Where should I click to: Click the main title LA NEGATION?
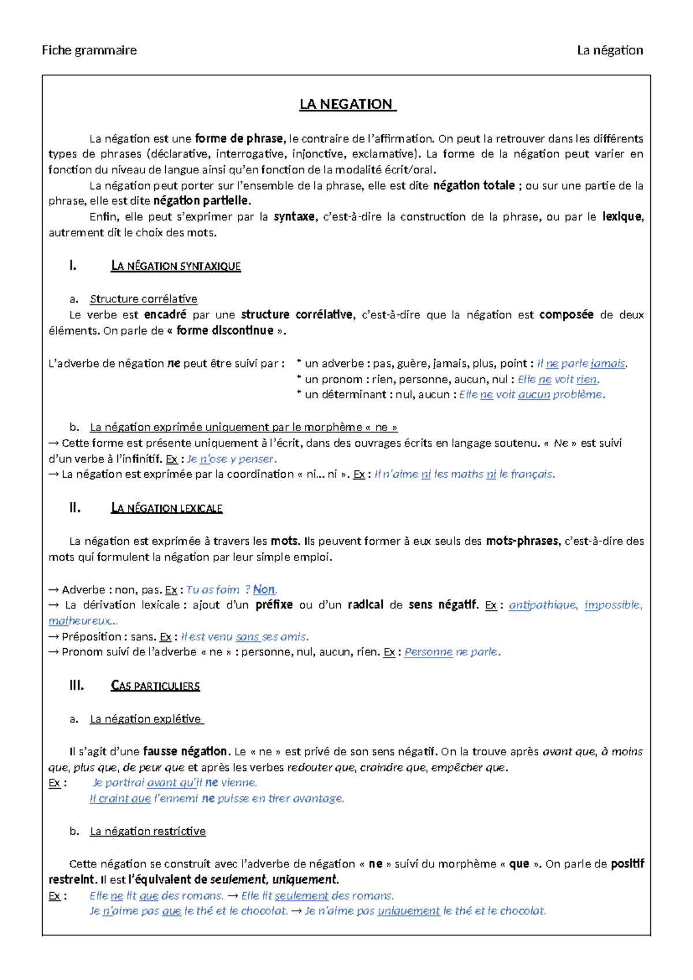click(346, 105)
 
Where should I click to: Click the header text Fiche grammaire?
click(89, 50)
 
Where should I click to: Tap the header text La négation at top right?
click(609, 50)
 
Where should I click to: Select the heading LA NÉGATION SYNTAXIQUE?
click(176, 266)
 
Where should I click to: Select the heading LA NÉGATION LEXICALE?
click(166, 508)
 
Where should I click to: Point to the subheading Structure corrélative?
click(143, 299)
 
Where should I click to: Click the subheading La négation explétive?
click(146, 719)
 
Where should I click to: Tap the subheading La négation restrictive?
click(148, 831)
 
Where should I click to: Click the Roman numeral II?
click(74, 508)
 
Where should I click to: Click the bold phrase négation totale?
click(474, 185)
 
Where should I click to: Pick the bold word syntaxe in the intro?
click(294, 217)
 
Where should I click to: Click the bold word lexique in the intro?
click(621, 217)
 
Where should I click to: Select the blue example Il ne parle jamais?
click(582, 363)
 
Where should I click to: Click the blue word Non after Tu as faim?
click(264, 590)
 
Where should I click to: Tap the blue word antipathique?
click(542, 605)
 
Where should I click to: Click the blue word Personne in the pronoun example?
click(428, 652)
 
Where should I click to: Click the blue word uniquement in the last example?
click(408, 911)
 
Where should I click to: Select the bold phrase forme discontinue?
click(225, 331)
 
